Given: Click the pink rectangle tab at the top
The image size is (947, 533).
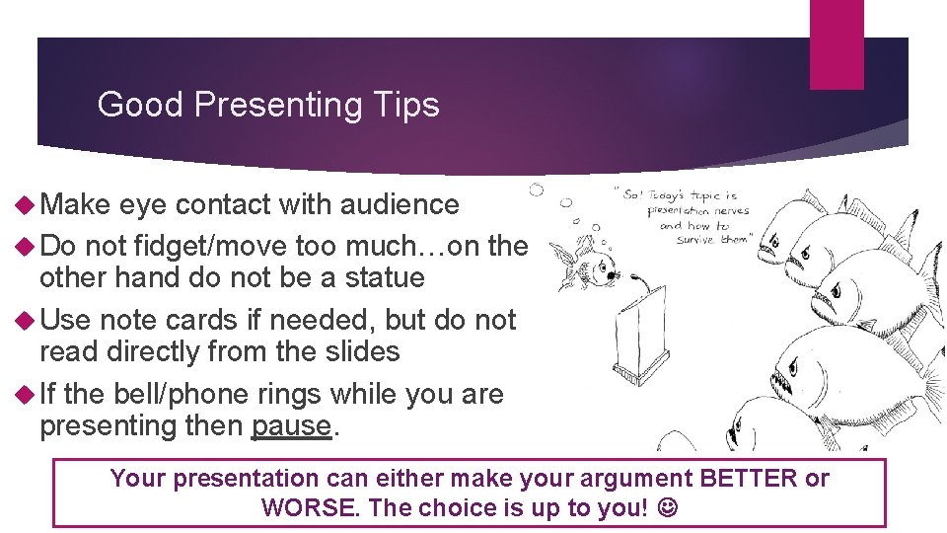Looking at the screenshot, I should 836,44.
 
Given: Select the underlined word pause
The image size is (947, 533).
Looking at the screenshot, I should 291,426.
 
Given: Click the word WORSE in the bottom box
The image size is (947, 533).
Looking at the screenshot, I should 306,508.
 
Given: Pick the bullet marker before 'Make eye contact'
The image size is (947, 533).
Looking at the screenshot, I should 26,204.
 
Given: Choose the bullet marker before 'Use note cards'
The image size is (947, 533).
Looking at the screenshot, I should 26,320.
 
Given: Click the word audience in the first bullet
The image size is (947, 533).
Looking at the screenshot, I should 400,204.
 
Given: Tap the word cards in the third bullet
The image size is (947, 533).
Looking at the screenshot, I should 186,320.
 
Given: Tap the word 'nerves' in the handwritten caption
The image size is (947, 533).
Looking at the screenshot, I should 729,209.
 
